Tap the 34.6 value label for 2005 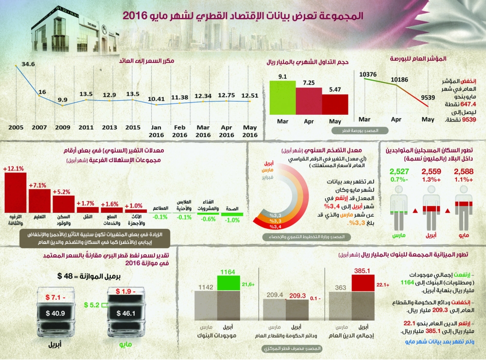28,64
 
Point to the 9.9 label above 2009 62,100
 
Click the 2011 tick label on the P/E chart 86,127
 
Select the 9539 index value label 428,98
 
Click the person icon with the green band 399,208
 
